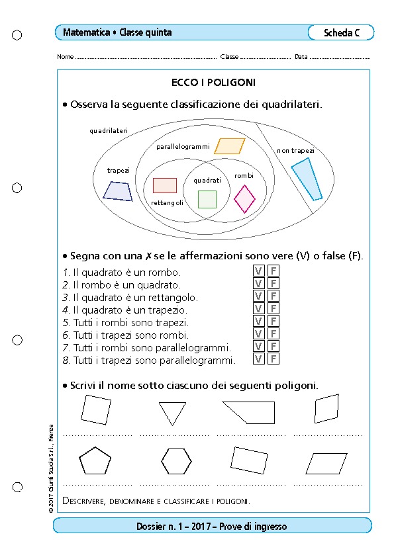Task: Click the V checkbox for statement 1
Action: click(x=258, y=271)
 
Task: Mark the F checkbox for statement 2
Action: click(x=273, y=284)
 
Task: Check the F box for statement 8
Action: click(x=273, y=359)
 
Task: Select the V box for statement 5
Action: click(x=258, y=321)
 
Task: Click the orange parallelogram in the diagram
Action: click(x=230, y=146)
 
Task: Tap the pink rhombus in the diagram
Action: click(x=244, y=199)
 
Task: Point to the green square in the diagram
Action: click(x=207, y=199)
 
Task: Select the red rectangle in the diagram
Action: click(x=165, y=185)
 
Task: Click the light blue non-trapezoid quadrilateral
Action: click(x=307, y=179)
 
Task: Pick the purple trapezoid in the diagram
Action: click(x=118, y=191)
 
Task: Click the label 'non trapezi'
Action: click(x=295, y=151)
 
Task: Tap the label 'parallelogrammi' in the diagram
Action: click(x=183, y=147)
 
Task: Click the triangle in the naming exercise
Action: click(x=172, y=411)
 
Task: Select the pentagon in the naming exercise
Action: click(x=95, y=460)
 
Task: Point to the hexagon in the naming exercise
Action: click(x=176, y=461)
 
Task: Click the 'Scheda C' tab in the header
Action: click(x=342, y=32)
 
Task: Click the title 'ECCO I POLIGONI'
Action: click(x=213, y=83)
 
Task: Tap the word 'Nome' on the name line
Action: click(x=65, y=57)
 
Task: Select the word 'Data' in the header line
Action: click(x=301, y=57)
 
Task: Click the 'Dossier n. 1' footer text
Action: click(x=156, y=526)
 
